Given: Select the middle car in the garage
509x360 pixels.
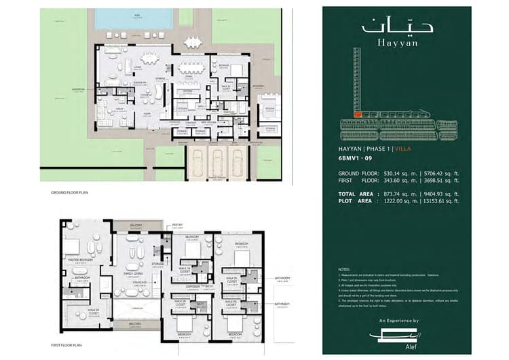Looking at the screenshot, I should pos(217,162).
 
